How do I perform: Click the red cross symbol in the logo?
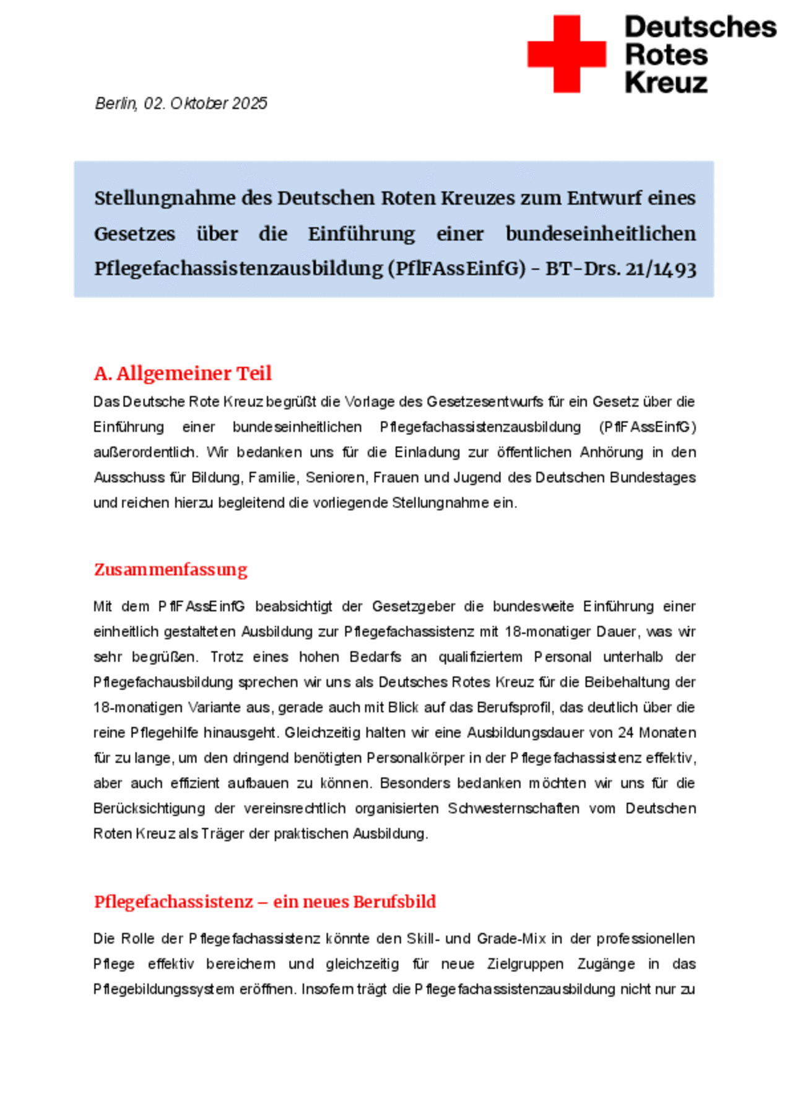pyautogui.click(x=566, y=54)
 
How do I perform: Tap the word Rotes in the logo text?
pyautogui.click(x=666, y=55)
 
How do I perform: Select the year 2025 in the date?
pyautogui.click(x=250, y=103)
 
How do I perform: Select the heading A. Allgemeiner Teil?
pyautogui.click(x=183, y=373)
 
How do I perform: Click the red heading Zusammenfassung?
pyautogui.click(x=170, y=569)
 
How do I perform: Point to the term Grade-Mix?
pyautogui.click(x=511, y=939)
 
